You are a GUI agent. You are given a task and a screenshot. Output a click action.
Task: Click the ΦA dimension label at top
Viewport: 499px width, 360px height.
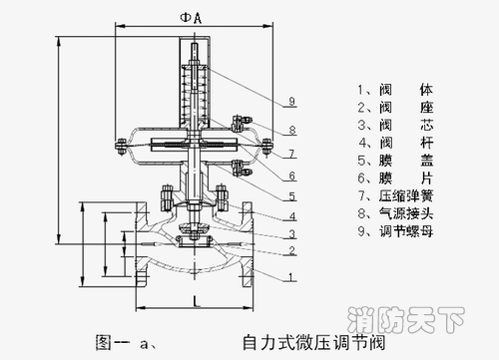click(x=191, y=18)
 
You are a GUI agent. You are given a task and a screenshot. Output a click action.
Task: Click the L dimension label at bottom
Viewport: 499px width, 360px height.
click(x=197, y=301)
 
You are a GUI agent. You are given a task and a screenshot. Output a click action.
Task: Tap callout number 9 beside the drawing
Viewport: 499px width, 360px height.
click(x=291, y=101)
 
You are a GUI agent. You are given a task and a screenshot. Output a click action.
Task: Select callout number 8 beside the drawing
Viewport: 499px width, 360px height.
click(x=292, y=130)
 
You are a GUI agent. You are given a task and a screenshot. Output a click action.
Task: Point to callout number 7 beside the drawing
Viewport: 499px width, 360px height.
click(x=291, y=154)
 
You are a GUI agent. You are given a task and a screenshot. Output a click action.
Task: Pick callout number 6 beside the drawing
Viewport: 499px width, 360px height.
click(x=291, y=176)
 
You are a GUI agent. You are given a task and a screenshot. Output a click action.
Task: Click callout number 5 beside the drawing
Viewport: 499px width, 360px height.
click(x=291, y=196)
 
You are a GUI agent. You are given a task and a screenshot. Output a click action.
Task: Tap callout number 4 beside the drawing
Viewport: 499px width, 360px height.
click(x=292, y=216)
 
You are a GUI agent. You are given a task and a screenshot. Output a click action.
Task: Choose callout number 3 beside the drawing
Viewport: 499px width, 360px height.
click(x=291, y=234)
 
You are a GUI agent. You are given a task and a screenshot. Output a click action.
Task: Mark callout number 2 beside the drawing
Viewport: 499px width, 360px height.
click(x=291, y=250)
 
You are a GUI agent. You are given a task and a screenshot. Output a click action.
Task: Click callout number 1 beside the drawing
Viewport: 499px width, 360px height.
click(x=291, y=277)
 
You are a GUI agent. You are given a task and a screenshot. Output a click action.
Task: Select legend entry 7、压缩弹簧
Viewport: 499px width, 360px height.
click(x=396, y=195)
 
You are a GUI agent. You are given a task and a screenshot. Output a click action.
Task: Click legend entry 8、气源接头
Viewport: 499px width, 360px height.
click(x=396, y=213)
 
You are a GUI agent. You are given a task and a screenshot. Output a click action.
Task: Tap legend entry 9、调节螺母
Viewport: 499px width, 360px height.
click(x=396, y=231)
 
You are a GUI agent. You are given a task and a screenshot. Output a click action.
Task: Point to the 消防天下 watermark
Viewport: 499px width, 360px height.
click(x=406, y=320)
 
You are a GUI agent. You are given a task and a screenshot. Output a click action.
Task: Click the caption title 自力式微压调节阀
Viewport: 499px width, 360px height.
click(x=314, y=343)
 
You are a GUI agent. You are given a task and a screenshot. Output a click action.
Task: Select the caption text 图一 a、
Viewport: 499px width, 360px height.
click(x=126, y=343)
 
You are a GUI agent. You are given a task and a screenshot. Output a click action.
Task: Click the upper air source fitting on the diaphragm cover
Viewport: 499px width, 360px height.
click(x=242, y=123)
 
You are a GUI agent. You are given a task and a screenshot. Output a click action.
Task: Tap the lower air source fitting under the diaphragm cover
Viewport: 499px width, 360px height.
click(x=242, y=168)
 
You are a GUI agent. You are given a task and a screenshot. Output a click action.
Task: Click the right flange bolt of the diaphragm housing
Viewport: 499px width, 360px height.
click(x=266, y=147)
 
